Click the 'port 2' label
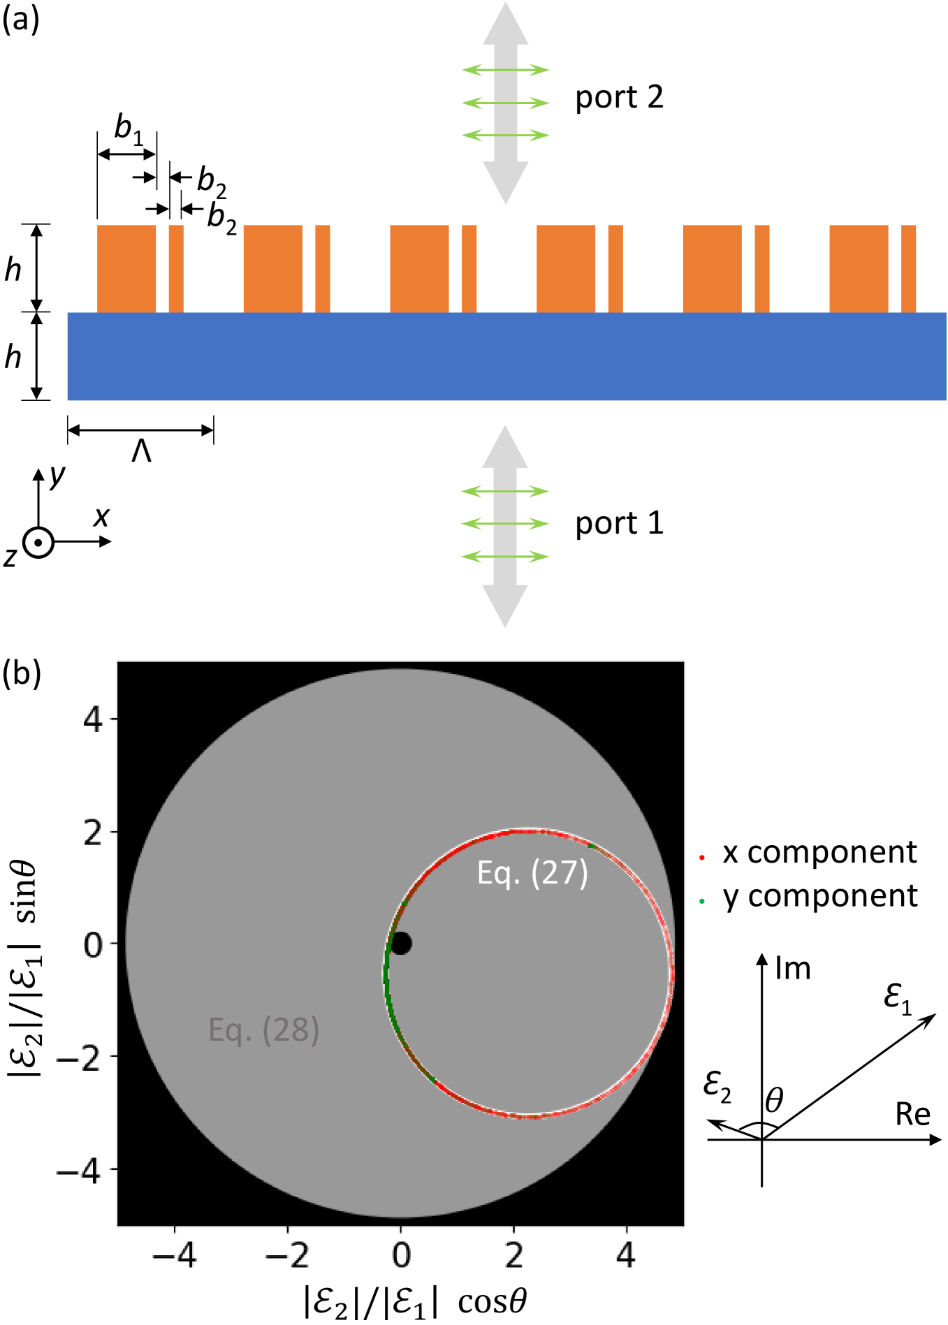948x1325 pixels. [x=618, y=98]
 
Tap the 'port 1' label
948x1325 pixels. [x=618, y=524]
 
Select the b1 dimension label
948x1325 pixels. [x=128, y=128]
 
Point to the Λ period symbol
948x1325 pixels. [x=141, y=452]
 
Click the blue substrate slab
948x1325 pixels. [x=506, y=356]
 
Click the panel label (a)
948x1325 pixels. [x=21, y=20]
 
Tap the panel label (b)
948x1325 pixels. [x=22, y=673]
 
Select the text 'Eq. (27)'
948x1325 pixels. [x=532, y=873]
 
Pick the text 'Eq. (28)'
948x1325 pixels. [x=263, y=1030]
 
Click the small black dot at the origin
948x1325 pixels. [x=401, y=944]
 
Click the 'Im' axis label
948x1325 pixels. [x=793, y=969]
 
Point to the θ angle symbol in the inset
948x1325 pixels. [x=773, y=1101]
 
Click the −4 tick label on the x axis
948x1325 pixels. [x=175, y=1256]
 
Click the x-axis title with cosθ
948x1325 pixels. [x=415, y=1302]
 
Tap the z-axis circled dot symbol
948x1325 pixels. [x=38, y=543]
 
